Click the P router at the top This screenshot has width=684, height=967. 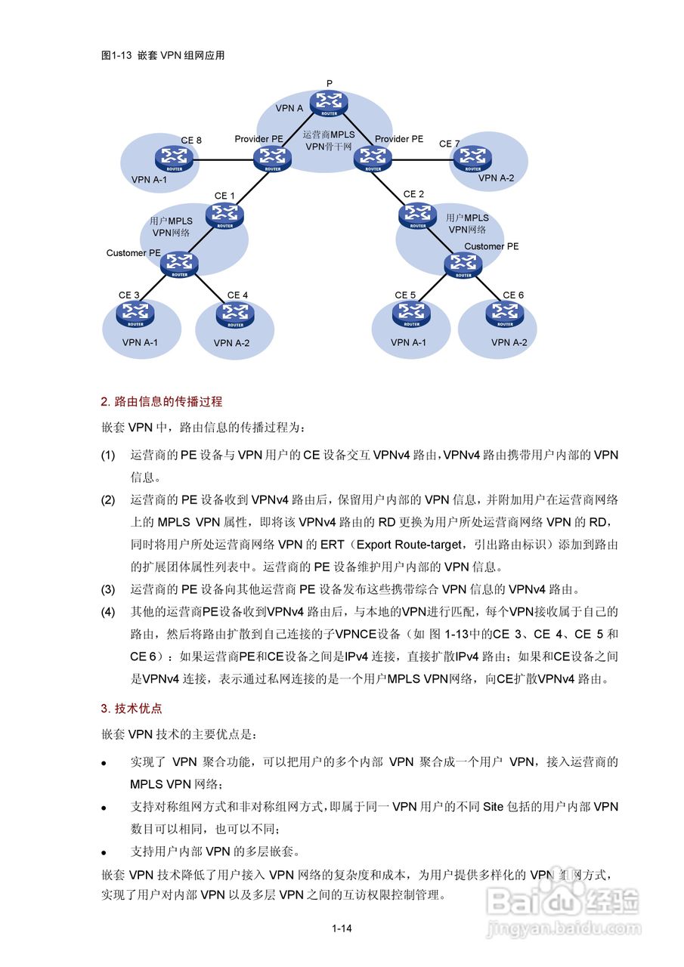330,102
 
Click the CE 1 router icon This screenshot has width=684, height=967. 224,215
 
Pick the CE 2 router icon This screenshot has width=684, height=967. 416,215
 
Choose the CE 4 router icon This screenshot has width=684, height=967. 235,313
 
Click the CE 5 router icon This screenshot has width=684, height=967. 411,313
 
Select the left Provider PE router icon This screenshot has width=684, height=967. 271,158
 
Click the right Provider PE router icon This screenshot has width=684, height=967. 373,158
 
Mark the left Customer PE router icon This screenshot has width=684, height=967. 180,264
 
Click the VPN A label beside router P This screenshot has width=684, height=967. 289,109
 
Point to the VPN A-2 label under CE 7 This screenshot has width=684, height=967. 496,178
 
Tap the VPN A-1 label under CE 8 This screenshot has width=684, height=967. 150,180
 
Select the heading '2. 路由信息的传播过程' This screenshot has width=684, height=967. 162,401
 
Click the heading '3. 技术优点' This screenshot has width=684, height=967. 132,708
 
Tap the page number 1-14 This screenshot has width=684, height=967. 342,928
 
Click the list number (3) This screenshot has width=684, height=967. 109,589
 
